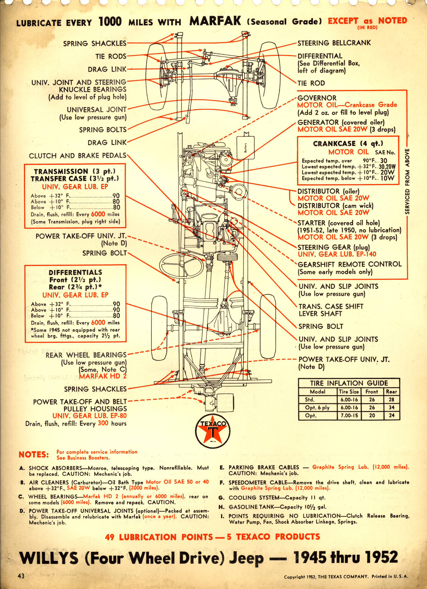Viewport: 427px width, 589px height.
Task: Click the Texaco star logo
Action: point(213,431)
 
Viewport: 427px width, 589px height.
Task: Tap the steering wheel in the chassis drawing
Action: point(181,266)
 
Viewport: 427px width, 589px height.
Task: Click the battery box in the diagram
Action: point(245,147)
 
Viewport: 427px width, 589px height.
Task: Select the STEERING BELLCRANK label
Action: point(334,43)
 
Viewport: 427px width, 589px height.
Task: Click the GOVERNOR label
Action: point(317,98)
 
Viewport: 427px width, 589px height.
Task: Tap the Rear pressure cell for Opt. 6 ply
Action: point(392,407)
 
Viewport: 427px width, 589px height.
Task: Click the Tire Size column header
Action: point(349,392)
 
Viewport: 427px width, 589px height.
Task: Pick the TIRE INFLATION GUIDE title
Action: point(349,383)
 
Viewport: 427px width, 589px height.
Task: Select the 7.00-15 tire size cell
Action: point(349,415)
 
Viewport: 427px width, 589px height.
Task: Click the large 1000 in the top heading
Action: point(110,21)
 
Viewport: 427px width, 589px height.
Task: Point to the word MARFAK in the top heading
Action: point(215,21)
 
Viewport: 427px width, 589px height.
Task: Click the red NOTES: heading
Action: point(34,454)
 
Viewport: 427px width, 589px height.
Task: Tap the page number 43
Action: point(21,576)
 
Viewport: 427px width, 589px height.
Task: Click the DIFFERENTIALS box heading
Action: point(75,272)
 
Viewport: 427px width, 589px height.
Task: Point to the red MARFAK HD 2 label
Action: point(103,376)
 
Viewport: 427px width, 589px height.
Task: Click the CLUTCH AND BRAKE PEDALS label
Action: point(77,156)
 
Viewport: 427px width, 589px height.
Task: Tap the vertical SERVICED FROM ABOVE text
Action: point(407,181)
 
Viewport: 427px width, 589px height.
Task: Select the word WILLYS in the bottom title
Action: point(49,558)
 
